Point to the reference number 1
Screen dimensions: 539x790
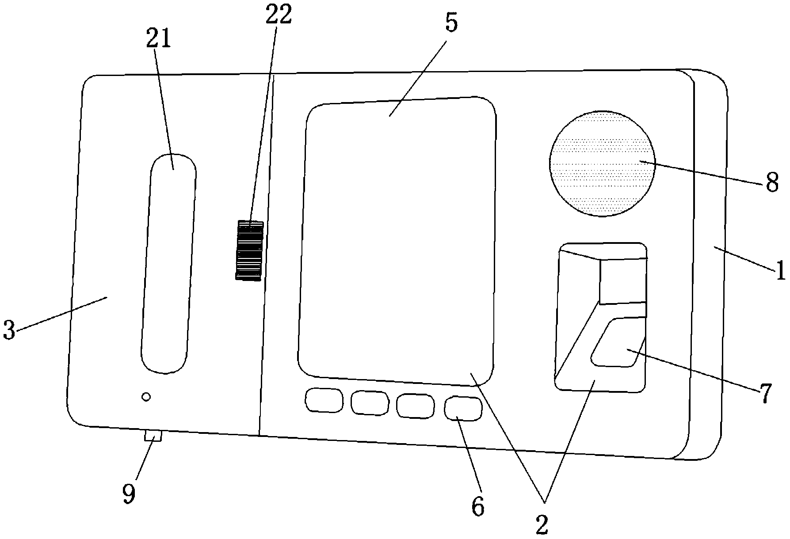click(781, 270)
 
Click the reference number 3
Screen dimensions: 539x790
click(9, 330)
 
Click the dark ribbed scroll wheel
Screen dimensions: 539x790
click(250, 250)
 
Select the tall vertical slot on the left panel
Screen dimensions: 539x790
click(169, 263)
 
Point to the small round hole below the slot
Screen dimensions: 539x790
click(146, 397)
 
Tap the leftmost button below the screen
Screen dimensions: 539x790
click(324, 400)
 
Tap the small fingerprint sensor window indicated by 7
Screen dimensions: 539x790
click(617, 342)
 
